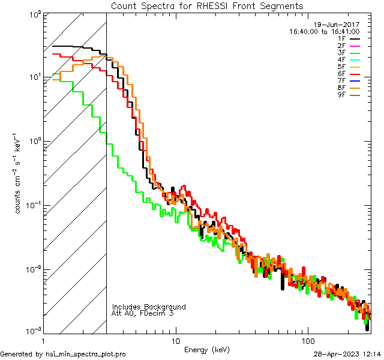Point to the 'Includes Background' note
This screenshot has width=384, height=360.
(x=149, y=307)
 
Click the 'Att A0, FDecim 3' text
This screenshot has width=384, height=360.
(x=143, y=314)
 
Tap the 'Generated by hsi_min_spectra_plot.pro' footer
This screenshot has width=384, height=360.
(x=63, y=354)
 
